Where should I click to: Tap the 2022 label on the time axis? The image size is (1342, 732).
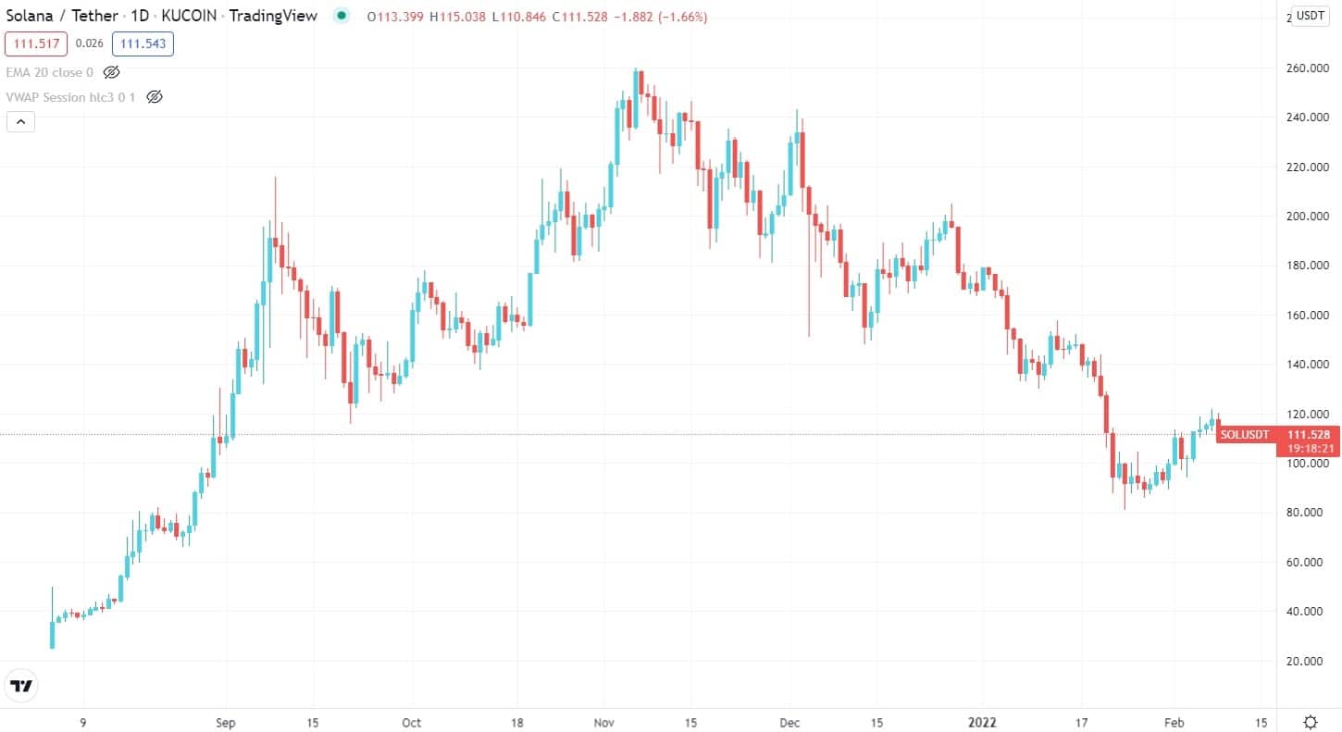pyautogui.click(x=981, y=722)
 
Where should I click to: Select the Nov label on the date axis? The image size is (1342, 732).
pyautogui.click(x=604, y=722)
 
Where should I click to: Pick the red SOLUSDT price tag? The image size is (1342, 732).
pyautogui.click(x=1245, y=434)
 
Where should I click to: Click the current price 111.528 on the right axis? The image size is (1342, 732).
pyautogui.click(x=1309, y=434)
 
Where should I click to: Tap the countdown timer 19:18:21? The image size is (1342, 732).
pyautogui.click(x=1309, y=448)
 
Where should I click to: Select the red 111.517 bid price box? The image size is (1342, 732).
pyautogui.click(x=36, y=43)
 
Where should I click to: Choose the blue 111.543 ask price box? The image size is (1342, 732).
pyautogui.click(x=143, y=43)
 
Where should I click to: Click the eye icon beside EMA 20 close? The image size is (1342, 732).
pyautogui.click(x=112, y=72)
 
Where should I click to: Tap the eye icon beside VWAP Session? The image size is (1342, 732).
pyautogui.click(x=155, y=96)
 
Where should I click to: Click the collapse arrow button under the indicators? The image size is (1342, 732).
pyautogui.click(x=20, y=121)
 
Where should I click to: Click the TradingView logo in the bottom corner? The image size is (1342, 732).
pyautogui.click(x=21, y=686)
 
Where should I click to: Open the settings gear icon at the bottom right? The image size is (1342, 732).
pyautogui.click(x=1311, y=722)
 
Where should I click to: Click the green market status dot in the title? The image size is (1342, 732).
pyautogui.click(x=342, y=16)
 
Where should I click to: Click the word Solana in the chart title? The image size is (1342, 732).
pyautogui.click(x=30, y=16)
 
